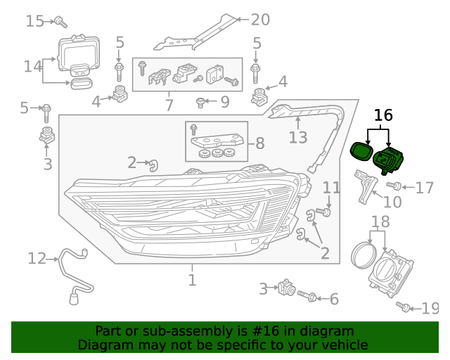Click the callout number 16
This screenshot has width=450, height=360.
[383, 115]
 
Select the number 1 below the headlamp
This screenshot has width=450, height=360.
[192, 281]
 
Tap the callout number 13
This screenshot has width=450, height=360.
[298, 136]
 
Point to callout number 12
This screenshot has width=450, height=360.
[37, 258]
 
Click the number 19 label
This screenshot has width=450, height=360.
[430, 308]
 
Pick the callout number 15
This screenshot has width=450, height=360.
[34, 21]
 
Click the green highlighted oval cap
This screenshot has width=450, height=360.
[362, 150]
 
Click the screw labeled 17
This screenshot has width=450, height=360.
[394, 186]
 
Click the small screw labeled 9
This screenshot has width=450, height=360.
[201, 103]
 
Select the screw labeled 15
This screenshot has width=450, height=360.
[60, 21]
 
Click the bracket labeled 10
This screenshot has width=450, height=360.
[366, 185]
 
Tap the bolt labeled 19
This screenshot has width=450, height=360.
[404, 307]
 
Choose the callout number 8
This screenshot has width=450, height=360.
[259, 143]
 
